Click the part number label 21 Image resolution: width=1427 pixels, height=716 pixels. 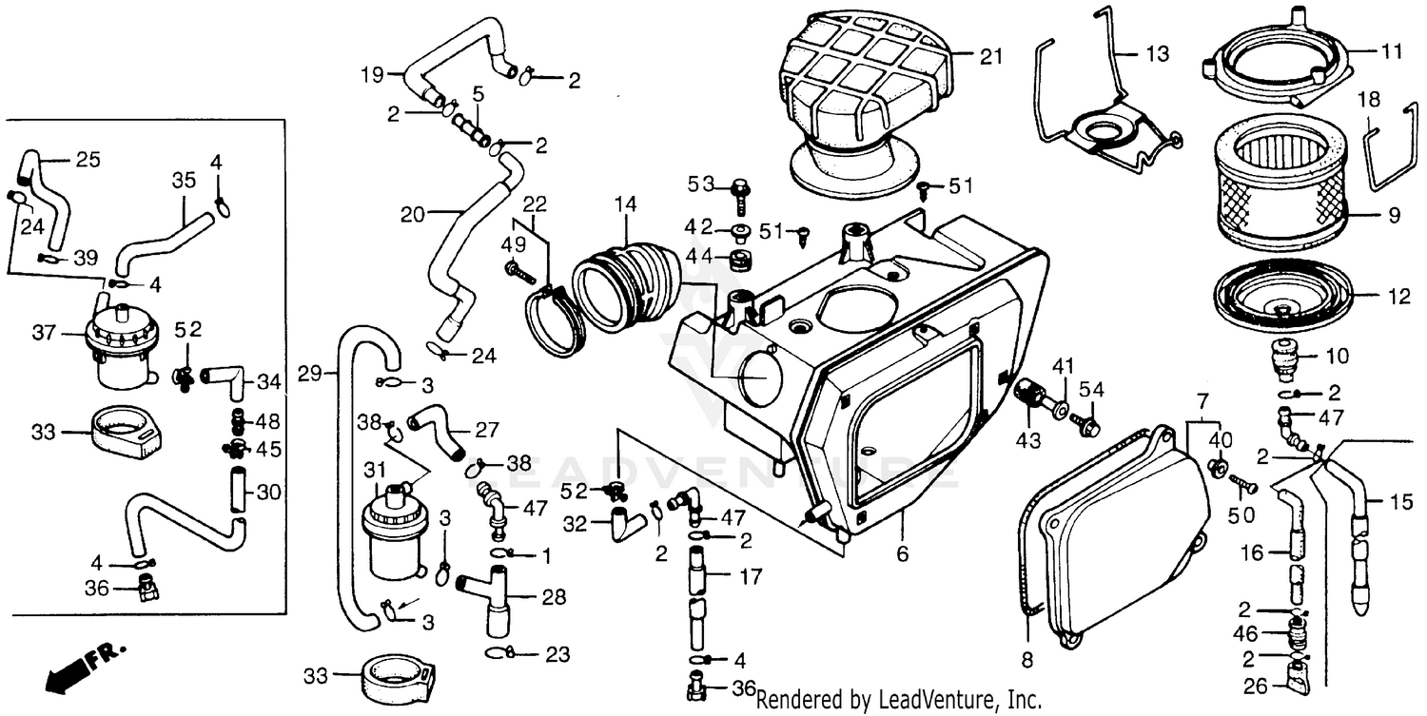tap(991, 57)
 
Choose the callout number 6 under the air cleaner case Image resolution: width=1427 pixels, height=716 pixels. tap(902, 552)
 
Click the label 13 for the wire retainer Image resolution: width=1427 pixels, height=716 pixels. tap(1157, 55)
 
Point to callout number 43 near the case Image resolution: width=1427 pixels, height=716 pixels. tap(1028, 441)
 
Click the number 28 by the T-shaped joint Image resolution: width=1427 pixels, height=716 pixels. tap(554, 597)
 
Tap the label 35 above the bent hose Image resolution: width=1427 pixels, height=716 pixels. tap(184, 179)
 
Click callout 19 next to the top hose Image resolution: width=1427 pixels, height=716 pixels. tap(372, 73)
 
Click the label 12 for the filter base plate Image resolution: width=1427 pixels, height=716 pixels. tap(1398, 297)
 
